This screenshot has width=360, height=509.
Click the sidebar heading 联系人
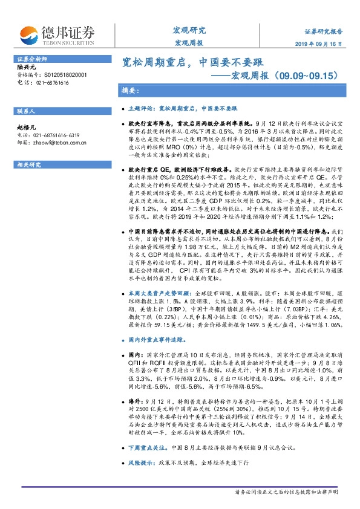[x=25, y=112]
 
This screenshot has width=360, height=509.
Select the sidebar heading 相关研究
[x=27, y=164]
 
